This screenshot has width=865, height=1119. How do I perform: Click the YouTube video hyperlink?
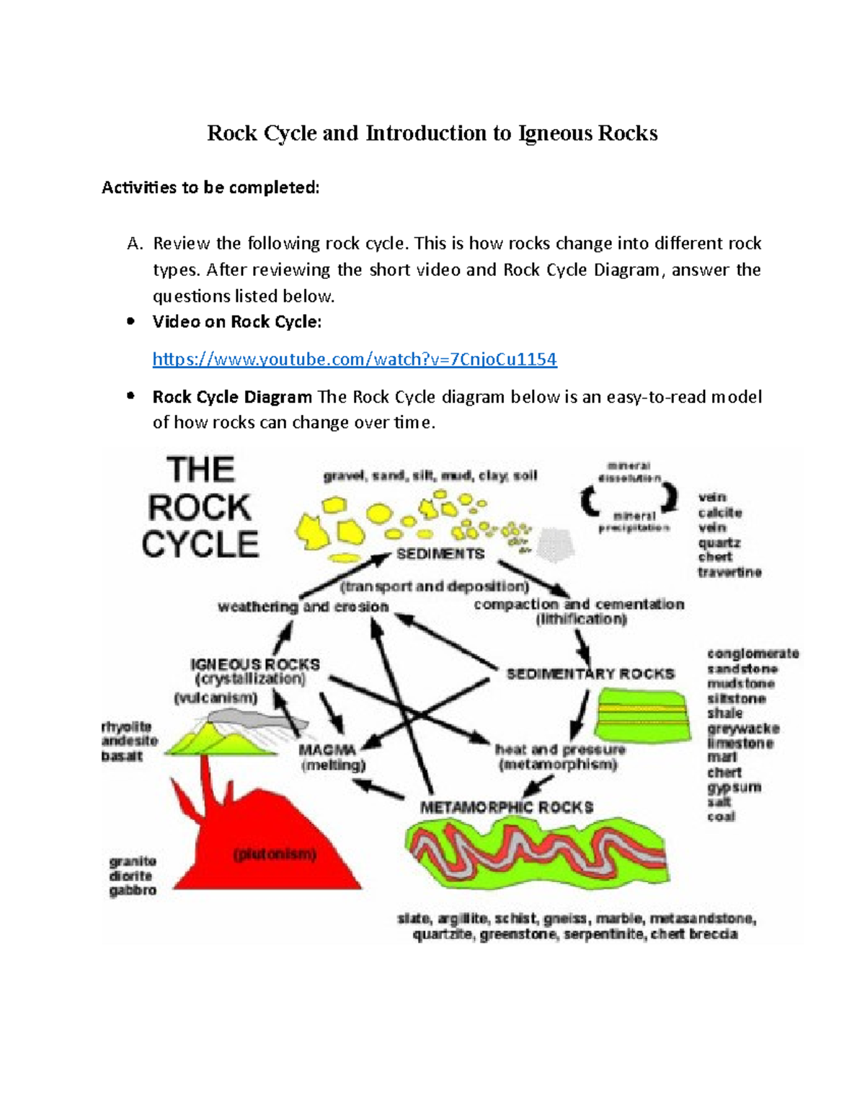(355, 359)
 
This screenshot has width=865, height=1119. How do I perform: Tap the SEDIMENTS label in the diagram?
(440, 554)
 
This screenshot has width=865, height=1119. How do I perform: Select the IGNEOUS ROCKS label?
(254, 664)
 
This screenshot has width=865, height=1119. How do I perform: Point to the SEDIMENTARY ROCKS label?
(590, 674)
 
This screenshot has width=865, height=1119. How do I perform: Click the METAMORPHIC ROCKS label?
(507, 807)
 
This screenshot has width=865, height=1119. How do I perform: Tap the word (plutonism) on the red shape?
(275, 855)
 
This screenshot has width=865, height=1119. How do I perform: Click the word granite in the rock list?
(133, 861)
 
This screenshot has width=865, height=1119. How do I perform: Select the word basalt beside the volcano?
(121, 756)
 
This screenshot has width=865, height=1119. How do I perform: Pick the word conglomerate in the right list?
(753, 654)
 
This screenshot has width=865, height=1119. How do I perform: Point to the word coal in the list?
(721, 816)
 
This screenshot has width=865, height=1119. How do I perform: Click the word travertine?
(729, 572)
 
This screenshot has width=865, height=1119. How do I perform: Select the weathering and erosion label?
(303, 607)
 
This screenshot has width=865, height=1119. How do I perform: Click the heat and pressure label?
(560, 749)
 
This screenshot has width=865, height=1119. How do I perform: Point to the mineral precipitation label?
(634, 522)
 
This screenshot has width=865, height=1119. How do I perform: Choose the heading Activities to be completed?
(210, 188)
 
